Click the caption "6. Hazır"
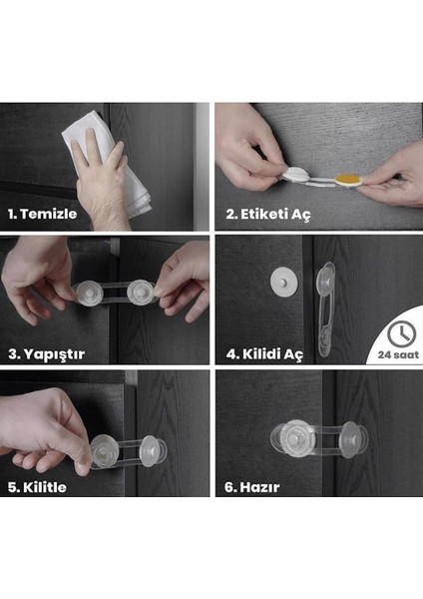[251, 487]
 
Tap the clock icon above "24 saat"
[399, 329]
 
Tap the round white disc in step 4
[282, 283]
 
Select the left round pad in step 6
[290, 438]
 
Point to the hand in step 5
[50, 424]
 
